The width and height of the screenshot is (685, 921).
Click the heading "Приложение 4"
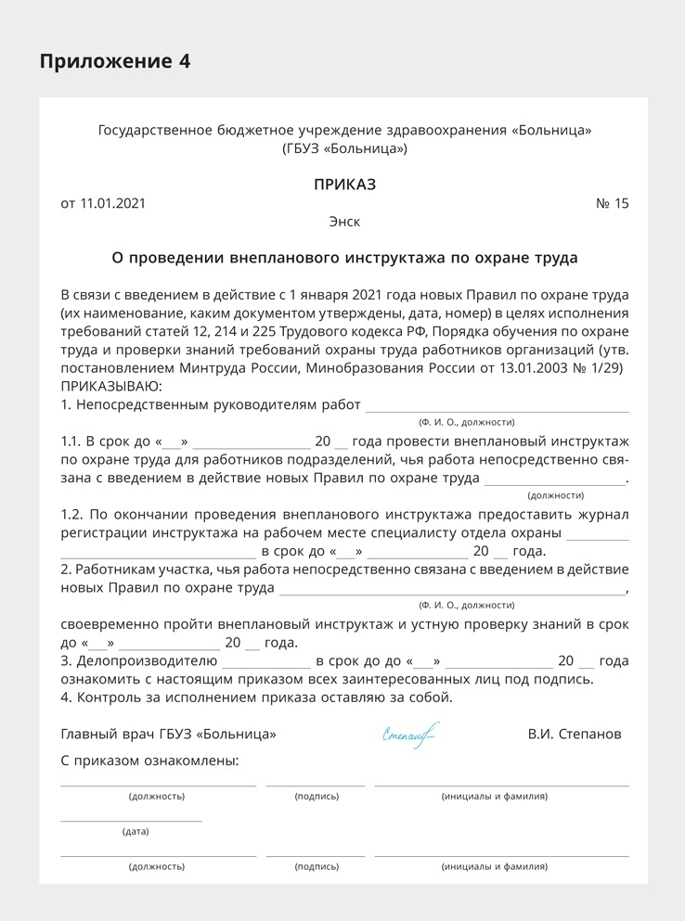click(x=115, y=62)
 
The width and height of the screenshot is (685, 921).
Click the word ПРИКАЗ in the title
click(x=344, y=185)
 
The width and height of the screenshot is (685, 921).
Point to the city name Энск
click(x=344, y=223)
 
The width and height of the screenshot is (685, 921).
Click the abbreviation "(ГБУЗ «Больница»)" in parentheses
click(x=344, y=148)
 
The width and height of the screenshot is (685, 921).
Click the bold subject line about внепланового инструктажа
click(x=344, y=258)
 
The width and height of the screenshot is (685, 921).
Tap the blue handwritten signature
click(x=408, y=736)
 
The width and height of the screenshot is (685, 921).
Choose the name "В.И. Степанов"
click(x=575, y=735)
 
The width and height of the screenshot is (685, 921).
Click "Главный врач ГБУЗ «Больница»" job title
click(x=168, y=735)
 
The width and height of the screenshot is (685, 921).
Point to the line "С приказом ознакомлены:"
click(x=149, y=761)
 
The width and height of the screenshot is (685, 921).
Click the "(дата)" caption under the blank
click(x=136, y=832)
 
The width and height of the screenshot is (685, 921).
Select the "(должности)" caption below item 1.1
click(x=555, y=495)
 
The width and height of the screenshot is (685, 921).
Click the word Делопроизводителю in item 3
click(x=147, y=661)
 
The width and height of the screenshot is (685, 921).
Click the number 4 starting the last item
click(x=65, y=697)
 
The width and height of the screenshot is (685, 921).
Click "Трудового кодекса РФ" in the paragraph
click(x=352, y=331)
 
